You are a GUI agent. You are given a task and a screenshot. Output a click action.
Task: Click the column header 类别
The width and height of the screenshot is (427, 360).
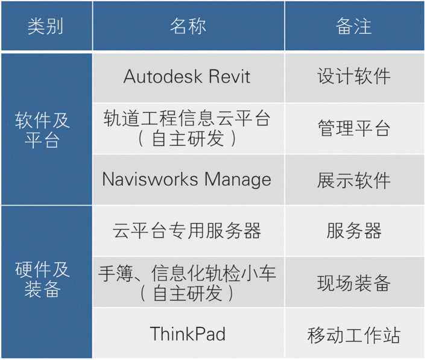pos(45,27)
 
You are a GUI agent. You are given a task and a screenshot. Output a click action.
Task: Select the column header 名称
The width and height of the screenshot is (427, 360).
pos(188,27)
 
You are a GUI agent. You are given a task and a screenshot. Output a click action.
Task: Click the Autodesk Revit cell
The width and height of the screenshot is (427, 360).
pos(187,77)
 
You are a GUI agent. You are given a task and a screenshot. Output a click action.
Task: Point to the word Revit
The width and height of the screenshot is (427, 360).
pos(229,77)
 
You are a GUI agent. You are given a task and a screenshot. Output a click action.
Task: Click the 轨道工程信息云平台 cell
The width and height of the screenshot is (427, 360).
pos(187,128)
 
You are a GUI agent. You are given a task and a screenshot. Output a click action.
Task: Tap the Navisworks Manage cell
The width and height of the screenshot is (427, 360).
pos(187,179)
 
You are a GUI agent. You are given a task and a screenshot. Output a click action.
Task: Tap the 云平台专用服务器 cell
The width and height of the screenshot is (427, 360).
pos(187,230)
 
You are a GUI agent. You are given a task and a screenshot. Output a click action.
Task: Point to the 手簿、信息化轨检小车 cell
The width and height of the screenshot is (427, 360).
pos(187,282)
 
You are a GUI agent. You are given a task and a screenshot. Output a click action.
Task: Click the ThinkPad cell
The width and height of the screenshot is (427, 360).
pos(187,333)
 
